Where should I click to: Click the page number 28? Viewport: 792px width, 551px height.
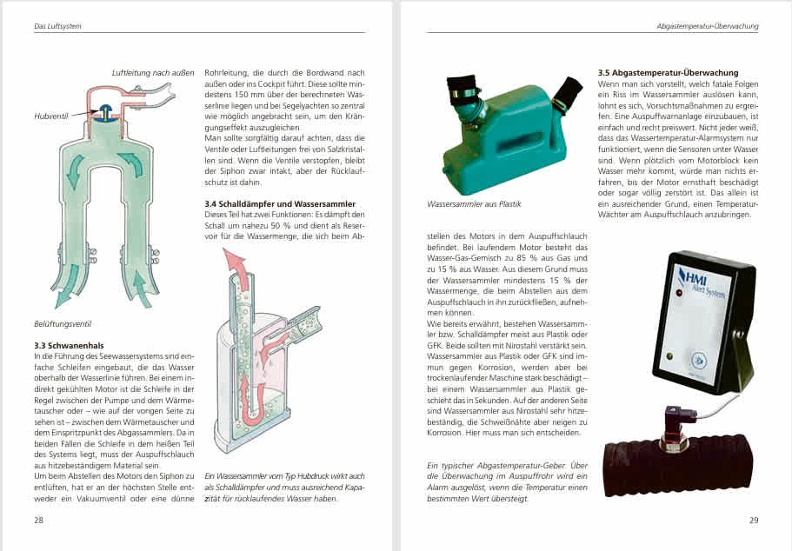[x=39, y=520]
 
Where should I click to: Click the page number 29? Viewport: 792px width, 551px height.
[x=754, y=520]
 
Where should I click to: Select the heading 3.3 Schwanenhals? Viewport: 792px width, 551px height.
[x=69, y=345]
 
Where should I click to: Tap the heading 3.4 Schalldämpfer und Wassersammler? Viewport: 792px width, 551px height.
[x=280, y=204]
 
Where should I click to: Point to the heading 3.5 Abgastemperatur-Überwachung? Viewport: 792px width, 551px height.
[x=668, y=73]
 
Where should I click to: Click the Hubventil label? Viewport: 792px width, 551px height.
[x=50, y=116]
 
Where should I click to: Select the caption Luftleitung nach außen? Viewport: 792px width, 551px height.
[x=152, y=73]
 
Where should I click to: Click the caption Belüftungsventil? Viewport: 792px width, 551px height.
[x=63, y=323]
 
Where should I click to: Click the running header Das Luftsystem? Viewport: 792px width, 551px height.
[x=57, y=26]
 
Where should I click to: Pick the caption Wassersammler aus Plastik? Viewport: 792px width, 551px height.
[x=474, y=204]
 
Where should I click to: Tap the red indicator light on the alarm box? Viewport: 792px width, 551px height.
[x=679, y=292]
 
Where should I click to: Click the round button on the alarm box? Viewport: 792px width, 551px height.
[x=700, y=360]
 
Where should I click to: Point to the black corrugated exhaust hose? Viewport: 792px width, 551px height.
[x=679, y=468]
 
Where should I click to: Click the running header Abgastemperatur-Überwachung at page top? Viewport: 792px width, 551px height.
[x=708, y=26]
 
